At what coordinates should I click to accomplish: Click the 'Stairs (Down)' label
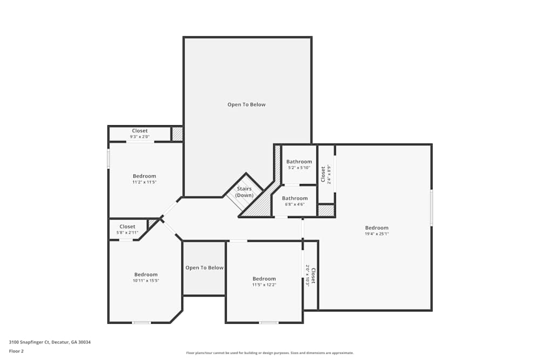click(244, 192)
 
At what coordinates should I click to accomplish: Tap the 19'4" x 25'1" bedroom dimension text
click(376, 234)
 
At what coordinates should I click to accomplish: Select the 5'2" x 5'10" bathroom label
click(299, 164)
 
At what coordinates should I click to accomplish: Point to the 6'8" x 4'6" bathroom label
click(295, 201)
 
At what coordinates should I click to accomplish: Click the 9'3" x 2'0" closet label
click(140, 134)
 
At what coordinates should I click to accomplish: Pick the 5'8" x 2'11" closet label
click(127, 229)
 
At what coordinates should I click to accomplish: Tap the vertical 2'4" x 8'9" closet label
click(323, 174)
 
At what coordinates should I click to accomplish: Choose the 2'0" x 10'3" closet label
click(310, 275)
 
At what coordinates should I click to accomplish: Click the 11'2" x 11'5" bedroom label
click(144, 179)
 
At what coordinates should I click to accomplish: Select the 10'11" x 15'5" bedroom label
click(146, 277)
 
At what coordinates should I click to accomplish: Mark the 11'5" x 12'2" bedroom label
click(264, 281)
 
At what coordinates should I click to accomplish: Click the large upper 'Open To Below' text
click(246, 105)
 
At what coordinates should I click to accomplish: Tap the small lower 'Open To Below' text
click(204, 268)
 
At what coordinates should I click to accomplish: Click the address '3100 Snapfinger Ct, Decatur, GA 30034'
click(50, 342)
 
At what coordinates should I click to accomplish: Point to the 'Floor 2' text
click(16, 351)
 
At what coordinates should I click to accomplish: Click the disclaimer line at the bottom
click(269, 352)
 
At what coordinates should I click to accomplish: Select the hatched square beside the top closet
click(177, 134)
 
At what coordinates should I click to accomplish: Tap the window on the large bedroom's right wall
click(431, 207)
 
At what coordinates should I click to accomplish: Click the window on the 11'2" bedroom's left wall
click(109, 159)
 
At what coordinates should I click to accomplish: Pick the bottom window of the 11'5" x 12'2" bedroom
click(268, 323)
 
